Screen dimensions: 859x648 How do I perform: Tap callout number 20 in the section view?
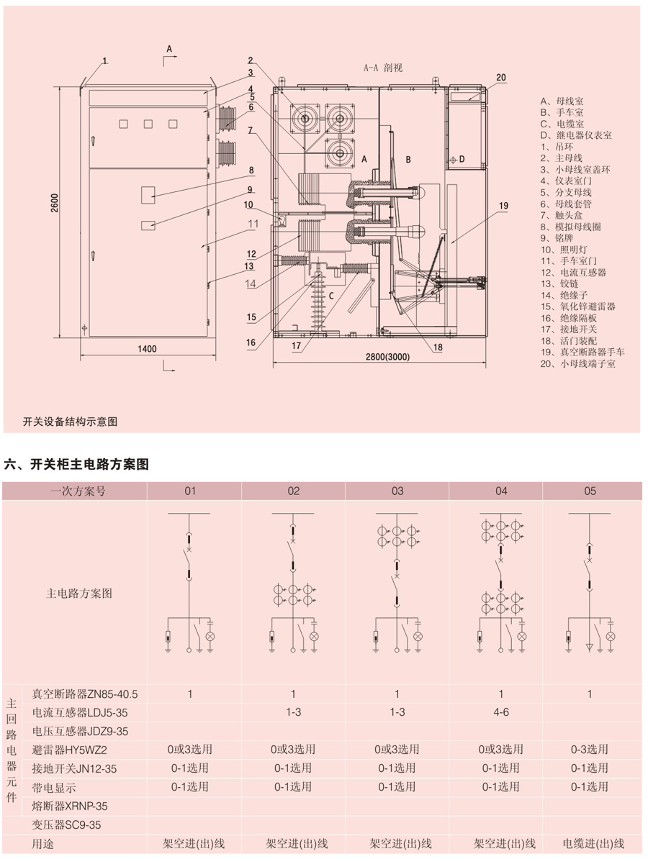501,77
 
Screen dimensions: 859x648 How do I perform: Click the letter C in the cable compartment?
331,296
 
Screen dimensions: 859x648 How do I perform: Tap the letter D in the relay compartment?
462,158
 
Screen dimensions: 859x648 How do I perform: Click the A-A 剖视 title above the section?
383,68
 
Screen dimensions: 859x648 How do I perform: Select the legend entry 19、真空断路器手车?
582,352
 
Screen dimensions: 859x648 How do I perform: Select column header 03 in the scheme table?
397,491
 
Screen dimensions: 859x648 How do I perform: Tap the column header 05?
590,491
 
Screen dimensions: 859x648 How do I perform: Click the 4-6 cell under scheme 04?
501,712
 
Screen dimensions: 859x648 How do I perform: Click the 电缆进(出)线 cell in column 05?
593,843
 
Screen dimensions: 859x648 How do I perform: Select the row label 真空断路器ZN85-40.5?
84,694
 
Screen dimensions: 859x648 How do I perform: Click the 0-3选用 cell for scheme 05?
590,750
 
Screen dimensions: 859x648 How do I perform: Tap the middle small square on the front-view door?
148,124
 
